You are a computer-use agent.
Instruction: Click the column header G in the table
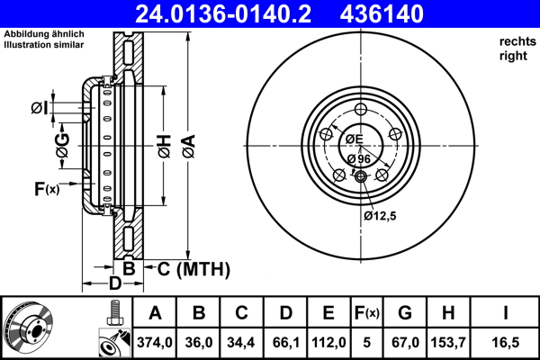[x=405, y=313]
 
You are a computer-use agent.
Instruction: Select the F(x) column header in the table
[x=366, y=313]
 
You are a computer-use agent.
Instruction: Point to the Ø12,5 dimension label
[x=381, y=216]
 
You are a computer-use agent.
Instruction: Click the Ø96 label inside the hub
[x=359, y=159]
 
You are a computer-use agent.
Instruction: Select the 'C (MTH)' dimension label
[x=193, y=269]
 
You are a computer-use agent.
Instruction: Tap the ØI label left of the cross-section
[x=38, y=108]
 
